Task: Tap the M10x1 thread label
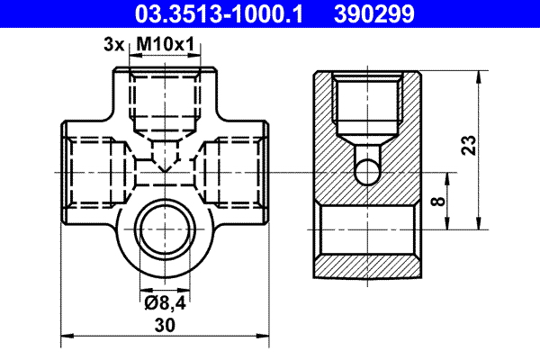(166, 43)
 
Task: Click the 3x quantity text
(112, 43)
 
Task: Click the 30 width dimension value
(164, 328)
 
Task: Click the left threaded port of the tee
(90, 171)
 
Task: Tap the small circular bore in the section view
(366, 169)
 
